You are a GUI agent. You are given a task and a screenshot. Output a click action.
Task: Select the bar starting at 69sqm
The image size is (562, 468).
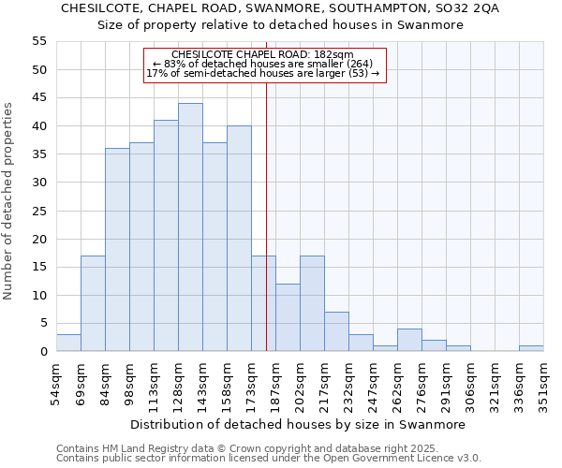pos(93,303)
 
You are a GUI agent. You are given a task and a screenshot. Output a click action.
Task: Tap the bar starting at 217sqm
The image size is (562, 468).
pos(336,331)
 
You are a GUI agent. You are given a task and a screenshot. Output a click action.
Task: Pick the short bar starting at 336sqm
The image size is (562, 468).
pos(531,348)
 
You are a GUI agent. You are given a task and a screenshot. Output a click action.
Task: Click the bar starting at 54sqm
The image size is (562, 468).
pos(68,343)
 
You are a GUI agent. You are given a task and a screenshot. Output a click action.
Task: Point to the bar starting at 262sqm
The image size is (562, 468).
pos(409,340)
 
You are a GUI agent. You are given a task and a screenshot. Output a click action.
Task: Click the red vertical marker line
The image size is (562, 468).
pos(266,234)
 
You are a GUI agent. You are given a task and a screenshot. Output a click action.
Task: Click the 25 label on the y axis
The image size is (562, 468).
pos(39,211)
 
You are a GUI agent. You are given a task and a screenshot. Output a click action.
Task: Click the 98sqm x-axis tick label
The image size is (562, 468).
pos(129,384)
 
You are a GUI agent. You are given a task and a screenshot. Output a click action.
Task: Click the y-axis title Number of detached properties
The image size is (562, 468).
pos(9,200)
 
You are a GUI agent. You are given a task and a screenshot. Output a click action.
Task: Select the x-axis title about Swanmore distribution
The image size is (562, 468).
pos(297,424)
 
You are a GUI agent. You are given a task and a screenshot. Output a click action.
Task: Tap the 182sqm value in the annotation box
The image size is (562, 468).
pos(335,55)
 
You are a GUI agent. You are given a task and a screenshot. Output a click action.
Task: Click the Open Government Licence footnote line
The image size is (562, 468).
pos(269,458)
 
